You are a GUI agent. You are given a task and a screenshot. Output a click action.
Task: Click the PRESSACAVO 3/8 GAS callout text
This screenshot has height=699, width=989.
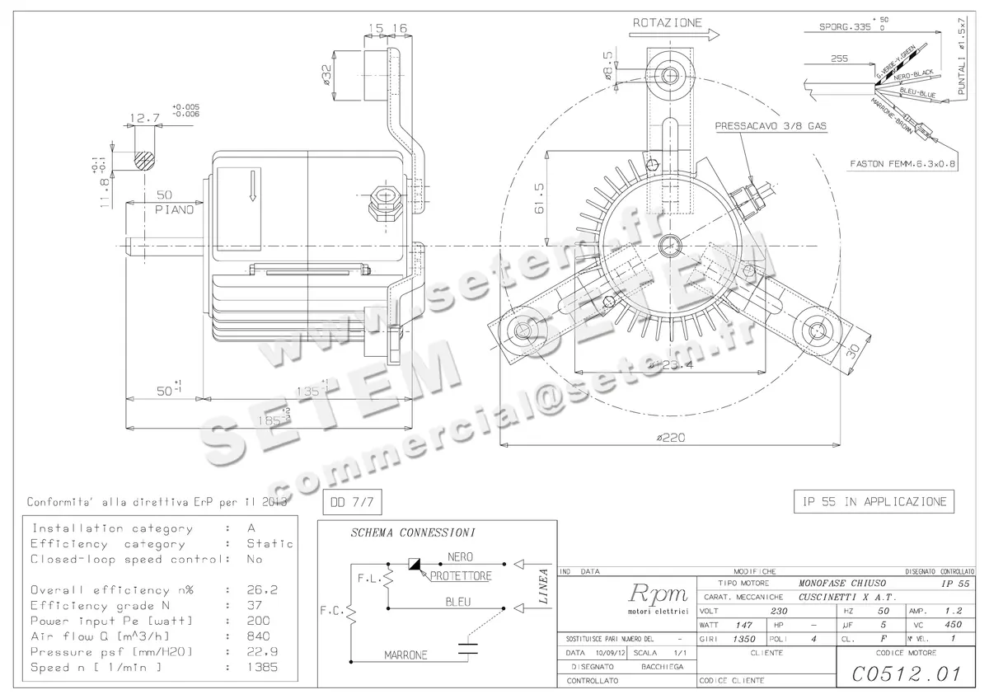[771, 127]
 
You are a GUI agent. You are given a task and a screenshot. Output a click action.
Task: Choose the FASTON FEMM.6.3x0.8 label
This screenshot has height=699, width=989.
[903, 164]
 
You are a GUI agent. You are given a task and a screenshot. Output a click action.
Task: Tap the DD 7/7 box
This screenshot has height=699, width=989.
[350, 501]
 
